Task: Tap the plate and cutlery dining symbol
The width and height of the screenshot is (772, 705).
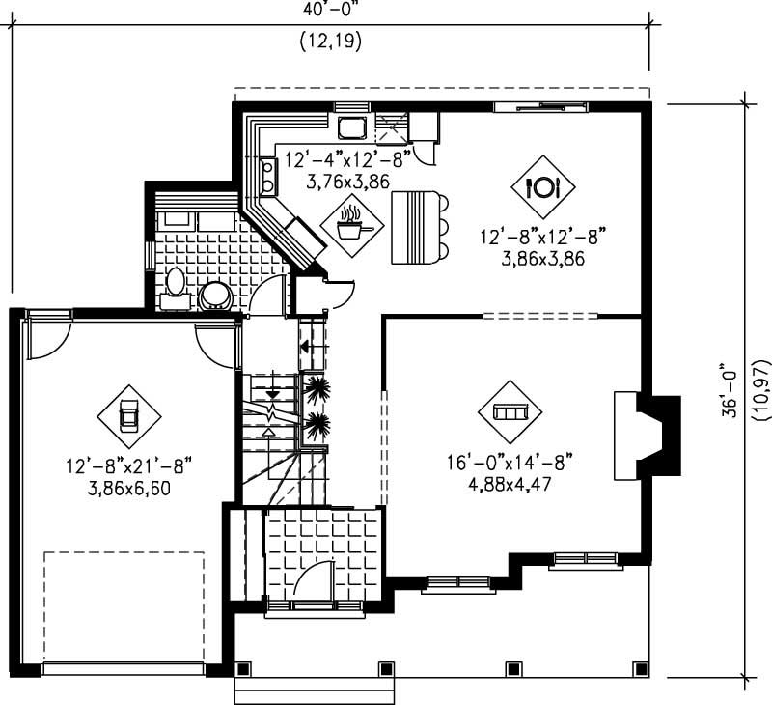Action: coord(543,186)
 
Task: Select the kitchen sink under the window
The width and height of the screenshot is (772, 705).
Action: coord(350,125)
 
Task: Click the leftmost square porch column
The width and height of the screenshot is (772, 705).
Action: coord(242,667)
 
